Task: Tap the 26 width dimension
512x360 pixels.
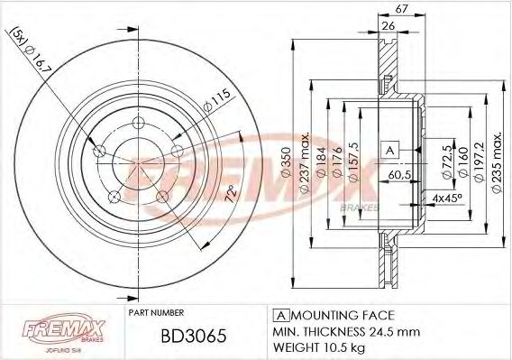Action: [x=389, y=24]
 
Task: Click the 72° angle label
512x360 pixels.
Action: [x=230, y=194]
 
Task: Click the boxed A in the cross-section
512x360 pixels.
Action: [x=389, y=149]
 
